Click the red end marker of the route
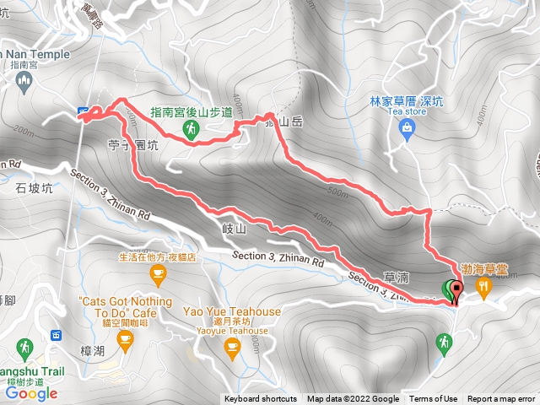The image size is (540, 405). (456, 291)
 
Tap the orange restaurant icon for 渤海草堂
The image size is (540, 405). (483, 288)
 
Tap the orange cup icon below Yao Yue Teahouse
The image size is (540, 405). (234, 346)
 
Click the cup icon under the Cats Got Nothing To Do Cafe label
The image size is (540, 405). (125, 340)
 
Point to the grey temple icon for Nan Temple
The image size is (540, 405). (24, 81)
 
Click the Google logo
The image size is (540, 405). (30, 393)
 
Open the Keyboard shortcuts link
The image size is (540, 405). (261, 399)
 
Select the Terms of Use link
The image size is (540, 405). (434, 399)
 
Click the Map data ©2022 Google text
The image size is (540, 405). (353, 399)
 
